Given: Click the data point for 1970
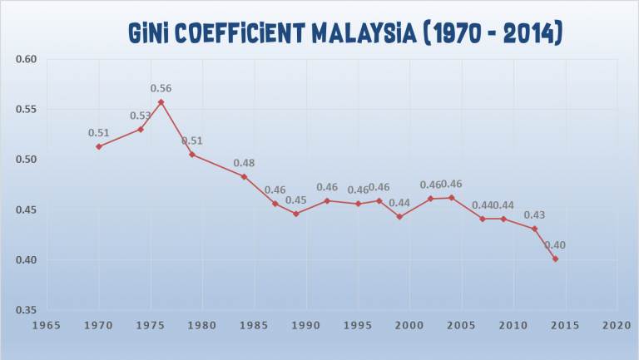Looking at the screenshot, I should point(99,146).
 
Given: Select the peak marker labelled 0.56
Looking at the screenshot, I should point(161,101).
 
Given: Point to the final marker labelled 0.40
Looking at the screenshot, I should point(555,259).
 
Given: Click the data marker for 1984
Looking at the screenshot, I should point(244,176).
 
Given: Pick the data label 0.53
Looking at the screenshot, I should point(140,115).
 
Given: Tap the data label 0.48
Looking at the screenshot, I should point(244,163).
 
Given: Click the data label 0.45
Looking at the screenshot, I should point(295,200).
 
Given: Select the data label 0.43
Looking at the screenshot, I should point(534,215).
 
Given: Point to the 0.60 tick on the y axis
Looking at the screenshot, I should point(27,59).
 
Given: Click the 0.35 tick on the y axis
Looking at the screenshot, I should point(27,310).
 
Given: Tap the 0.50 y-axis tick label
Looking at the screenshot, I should point(27,160).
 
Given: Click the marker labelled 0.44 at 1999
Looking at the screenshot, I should point(399,217).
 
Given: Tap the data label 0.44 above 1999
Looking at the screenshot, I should point(399,203).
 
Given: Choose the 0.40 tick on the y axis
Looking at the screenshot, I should point(27,260).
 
